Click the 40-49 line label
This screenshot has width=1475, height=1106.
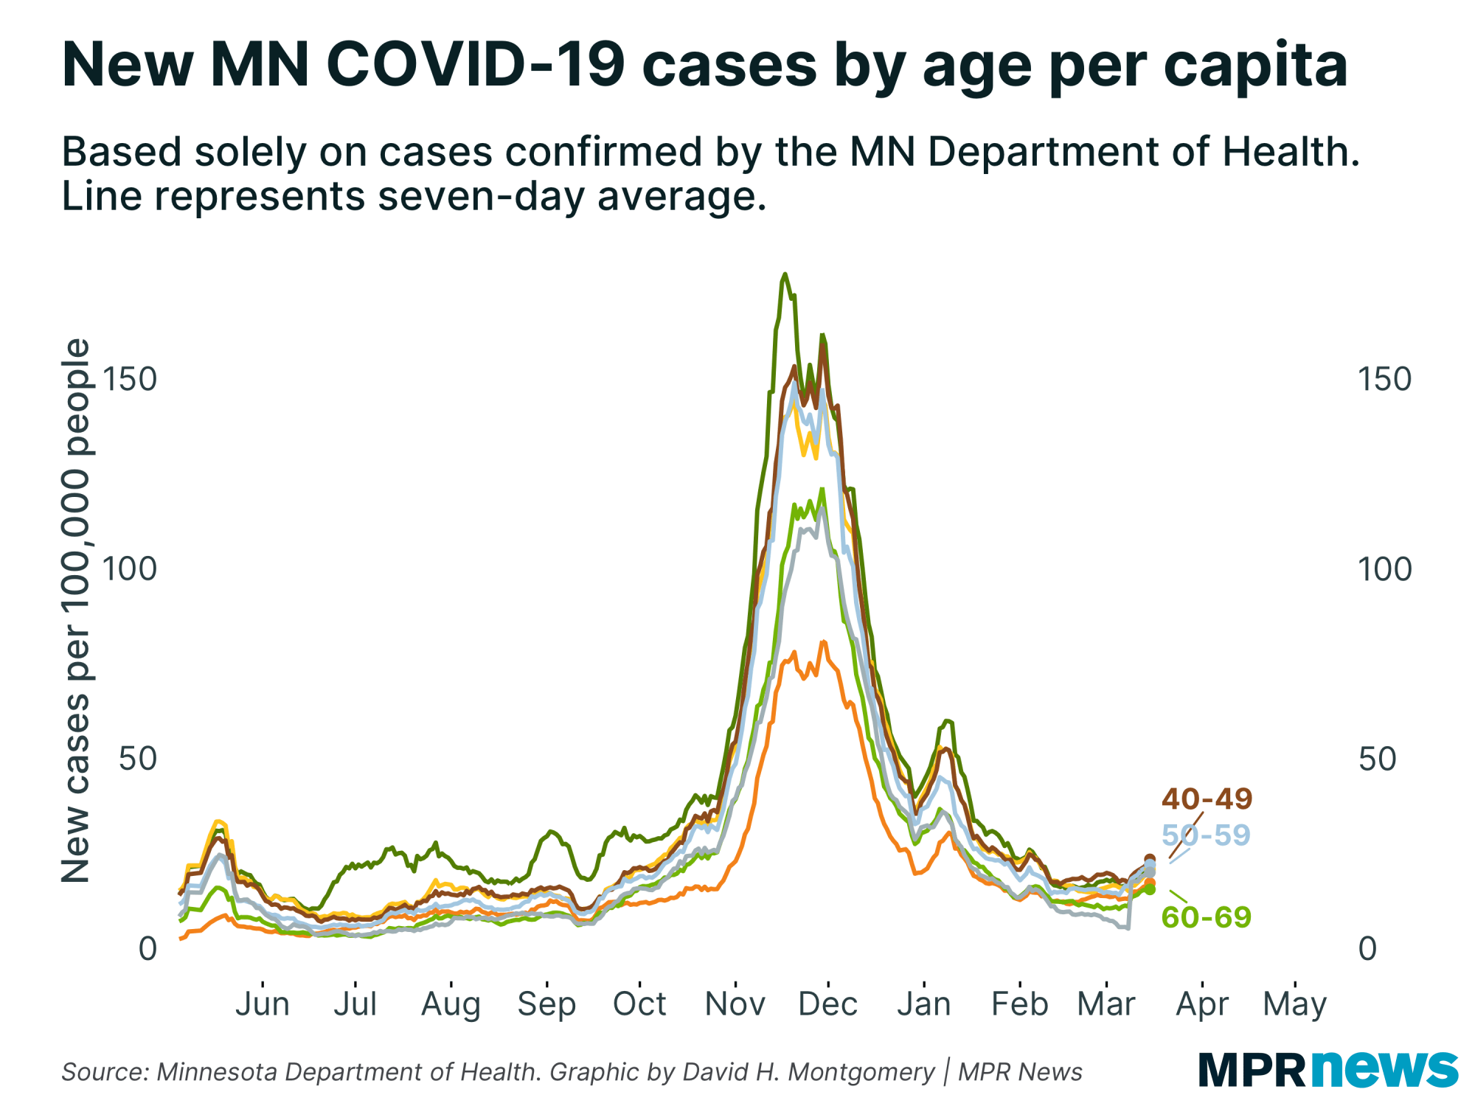(1207, 799)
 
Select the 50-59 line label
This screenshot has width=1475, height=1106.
(1207, 835)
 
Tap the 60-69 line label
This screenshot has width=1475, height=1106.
(1207, 917)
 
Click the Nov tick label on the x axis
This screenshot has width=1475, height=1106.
(735, 1004)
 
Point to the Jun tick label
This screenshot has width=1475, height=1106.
(263, 1004)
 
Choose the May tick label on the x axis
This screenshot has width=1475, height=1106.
(1294, 1004)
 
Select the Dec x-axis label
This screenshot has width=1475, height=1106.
(827, 1004)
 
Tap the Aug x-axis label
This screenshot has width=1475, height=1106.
(451, 1004)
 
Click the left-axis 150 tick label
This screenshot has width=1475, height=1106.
(130, 380)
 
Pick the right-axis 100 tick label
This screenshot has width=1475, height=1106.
(1384, 569)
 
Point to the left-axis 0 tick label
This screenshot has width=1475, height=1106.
(147, 949)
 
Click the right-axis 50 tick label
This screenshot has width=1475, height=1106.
(1377, 759)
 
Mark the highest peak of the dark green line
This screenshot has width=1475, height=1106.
(785, 274)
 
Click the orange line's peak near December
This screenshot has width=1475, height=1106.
(823, 642)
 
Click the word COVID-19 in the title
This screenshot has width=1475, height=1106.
(476, 65)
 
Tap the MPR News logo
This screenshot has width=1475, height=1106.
(1327, 1069)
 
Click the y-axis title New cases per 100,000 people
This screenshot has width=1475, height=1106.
(75, 611)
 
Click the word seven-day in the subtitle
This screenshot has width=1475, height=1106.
(480, 197)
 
